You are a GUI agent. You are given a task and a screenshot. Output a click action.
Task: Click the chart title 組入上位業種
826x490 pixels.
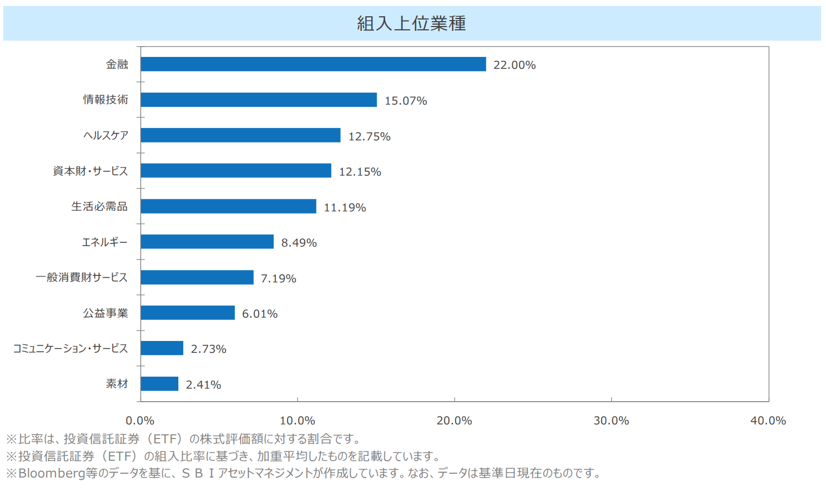tap(411, 23)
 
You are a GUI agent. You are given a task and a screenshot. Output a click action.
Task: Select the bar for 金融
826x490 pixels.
tap(313, 64)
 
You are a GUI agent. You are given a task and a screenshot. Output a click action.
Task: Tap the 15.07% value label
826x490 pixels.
tap(405, 101)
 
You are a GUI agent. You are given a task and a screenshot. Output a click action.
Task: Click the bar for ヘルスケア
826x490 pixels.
tap(240, 135)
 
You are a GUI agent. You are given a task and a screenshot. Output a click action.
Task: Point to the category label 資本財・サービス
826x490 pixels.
tap(91, 171)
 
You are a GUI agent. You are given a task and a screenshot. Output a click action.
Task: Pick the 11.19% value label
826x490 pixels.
tap(345, 208)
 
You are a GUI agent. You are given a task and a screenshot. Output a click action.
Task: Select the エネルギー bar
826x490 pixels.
tap(207, 242)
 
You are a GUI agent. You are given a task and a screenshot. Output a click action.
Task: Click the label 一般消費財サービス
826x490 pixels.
tap(82, 278)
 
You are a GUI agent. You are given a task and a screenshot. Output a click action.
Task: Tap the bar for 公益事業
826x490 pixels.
tap(188, 313)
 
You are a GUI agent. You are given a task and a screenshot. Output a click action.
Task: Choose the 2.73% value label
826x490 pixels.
tap(208, 349)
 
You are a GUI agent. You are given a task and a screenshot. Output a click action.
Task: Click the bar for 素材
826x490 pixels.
tap(159, 384)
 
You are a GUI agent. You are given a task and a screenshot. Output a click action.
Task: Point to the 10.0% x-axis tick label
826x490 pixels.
tap(297, 421)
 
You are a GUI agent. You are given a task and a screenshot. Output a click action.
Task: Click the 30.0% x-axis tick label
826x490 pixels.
tap(611, 421)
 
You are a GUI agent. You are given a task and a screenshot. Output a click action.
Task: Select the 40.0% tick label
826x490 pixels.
tap(767, 421)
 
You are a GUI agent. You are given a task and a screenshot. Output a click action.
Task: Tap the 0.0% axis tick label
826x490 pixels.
tap(140, 421)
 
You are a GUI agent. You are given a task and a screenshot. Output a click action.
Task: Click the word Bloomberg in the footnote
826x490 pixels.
tap(51, 473)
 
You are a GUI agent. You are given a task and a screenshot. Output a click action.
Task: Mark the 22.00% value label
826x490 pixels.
tap(514, 65)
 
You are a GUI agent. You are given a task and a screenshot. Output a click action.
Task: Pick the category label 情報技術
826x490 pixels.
tap(106, 100)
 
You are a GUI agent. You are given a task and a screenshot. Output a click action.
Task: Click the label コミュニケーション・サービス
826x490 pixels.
tap(70, 349)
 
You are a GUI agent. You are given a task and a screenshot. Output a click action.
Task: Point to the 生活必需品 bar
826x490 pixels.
tap(228, 206)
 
